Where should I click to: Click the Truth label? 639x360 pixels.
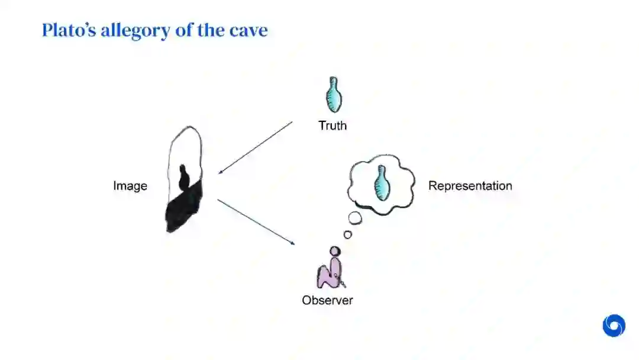333,126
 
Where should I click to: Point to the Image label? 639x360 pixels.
130,186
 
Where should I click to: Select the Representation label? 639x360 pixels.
470,186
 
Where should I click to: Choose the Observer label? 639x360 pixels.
327,300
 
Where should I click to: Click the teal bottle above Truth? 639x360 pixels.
334,95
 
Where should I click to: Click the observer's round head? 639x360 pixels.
335,252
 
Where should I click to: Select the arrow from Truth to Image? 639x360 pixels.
256,147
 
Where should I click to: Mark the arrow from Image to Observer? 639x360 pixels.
256,221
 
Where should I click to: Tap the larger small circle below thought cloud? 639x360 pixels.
355,218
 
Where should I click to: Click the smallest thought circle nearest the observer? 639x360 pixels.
347,234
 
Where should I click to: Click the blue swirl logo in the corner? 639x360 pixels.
614,326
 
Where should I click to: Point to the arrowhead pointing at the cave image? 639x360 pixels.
220,172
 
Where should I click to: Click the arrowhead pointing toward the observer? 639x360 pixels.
292,242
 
